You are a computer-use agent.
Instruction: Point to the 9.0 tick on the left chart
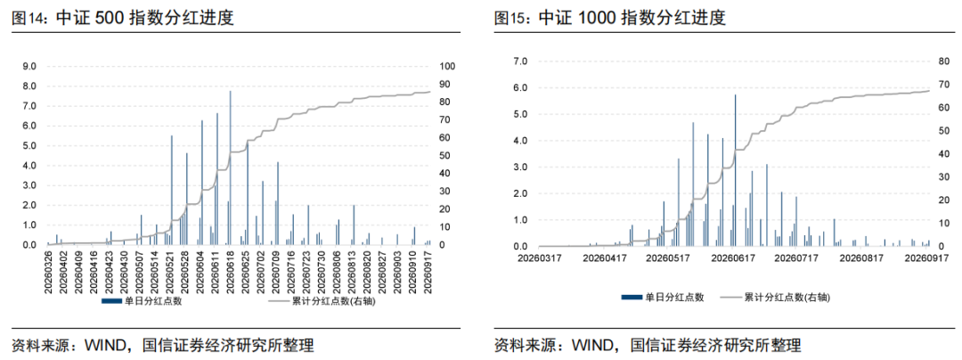(29, 66)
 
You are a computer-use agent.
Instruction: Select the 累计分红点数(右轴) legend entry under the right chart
(784, 297)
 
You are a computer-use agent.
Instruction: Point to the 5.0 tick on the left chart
(29, 145)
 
